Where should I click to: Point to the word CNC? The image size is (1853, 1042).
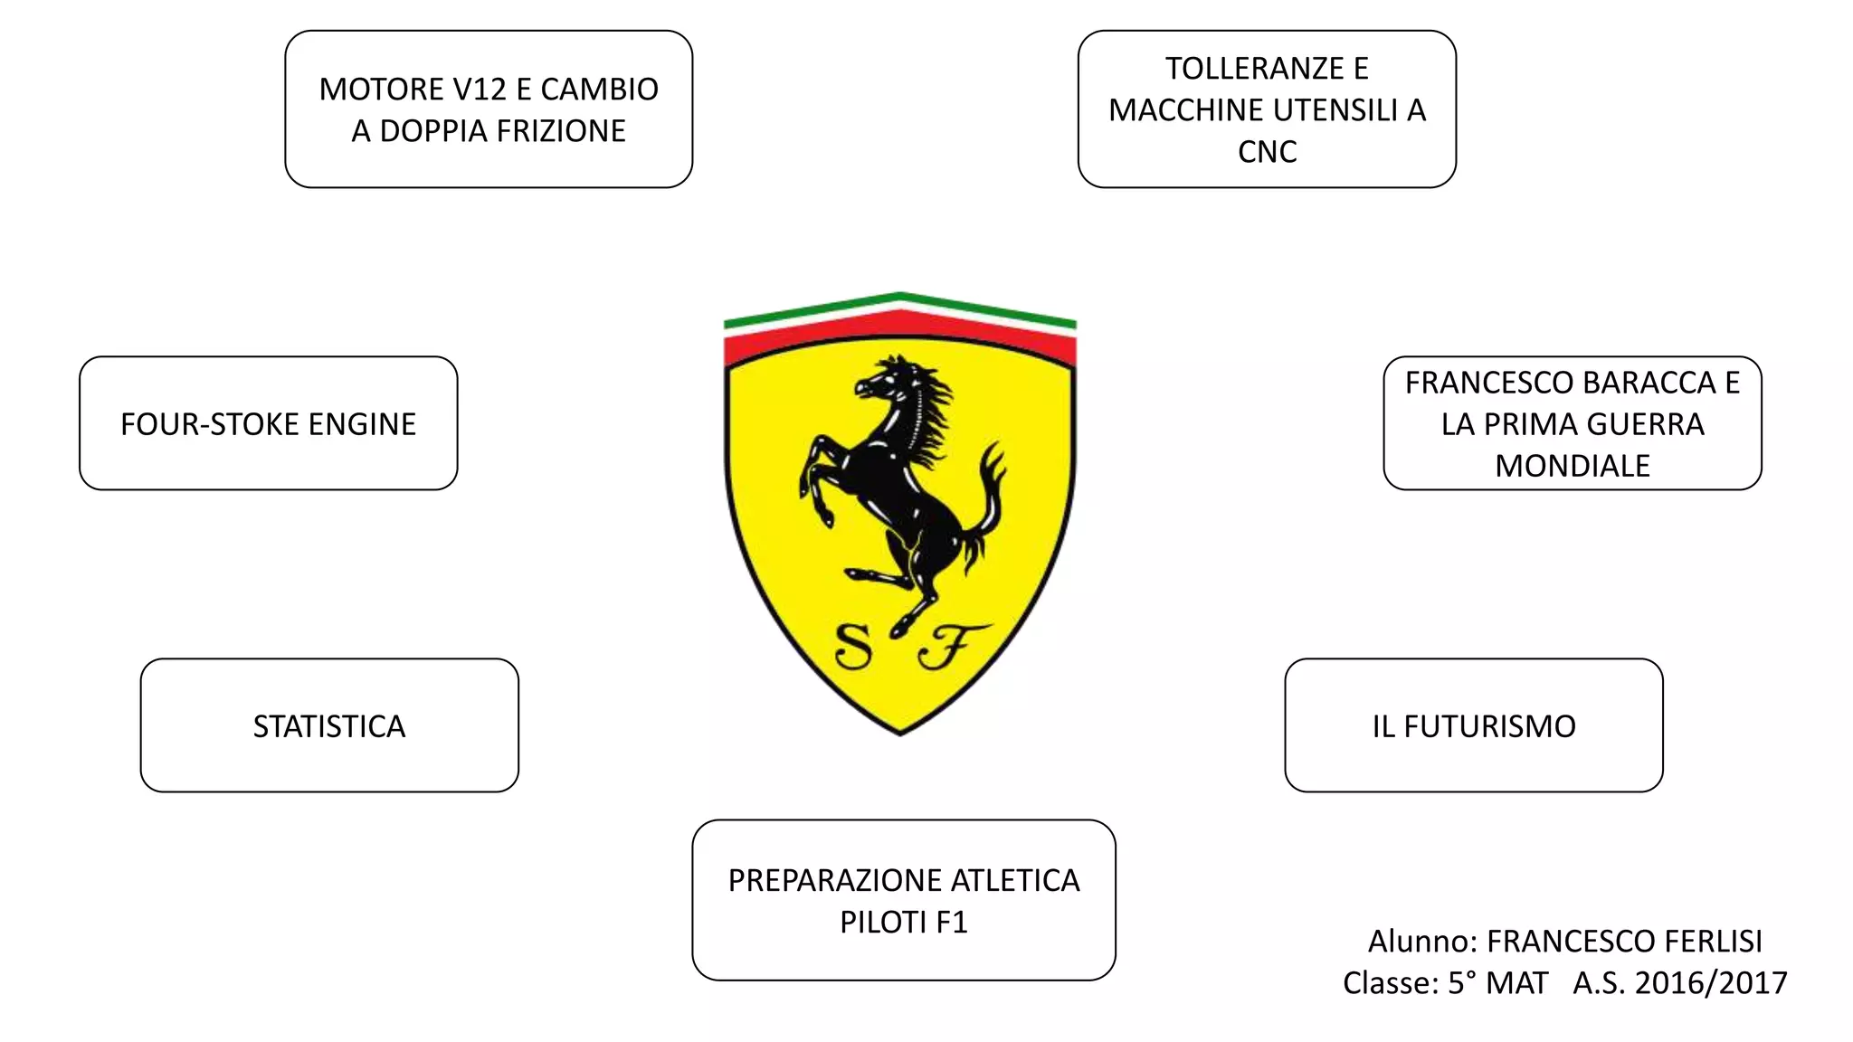pyautogui.click(x=1267, y=152)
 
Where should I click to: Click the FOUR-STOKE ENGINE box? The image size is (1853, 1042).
pyautogui.click(x=268, y=423)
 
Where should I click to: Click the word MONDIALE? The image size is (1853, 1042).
pyautogui.click(x=1572, y=466)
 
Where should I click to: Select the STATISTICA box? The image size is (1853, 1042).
pyautogui.click(x=329, y=725)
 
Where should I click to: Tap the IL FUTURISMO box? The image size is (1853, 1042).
pyautogui.click(x=1473, y=725)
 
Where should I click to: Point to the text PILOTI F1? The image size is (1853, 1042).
pyautogui.click(x=903, y=922)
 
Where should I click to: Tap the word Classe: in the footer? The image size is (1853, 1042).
pyautogui.click(x=1390, y=983)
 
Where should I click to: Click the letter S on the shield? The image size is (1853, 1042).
pyautogui.click(x=853, y=646)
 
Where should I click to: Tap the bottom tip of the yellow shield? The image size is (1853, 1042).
pyautogui.click(x=900, y=731)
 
